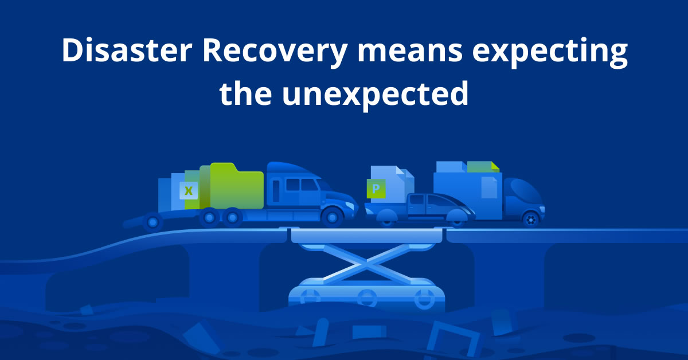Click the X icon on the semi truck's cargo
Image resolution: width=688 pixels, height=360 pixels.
pos(188,191)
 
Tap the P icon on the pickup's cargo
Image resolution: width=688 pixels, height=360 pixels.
pos(376,188)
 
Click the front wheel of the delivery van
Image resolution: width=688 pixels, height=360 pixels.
pos(531,219)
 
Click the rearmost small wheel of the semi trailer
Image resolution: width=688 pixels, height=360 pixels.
pos(153,221)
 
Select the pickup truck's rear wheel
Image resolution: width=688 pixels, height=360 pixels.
pos(387,217)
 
